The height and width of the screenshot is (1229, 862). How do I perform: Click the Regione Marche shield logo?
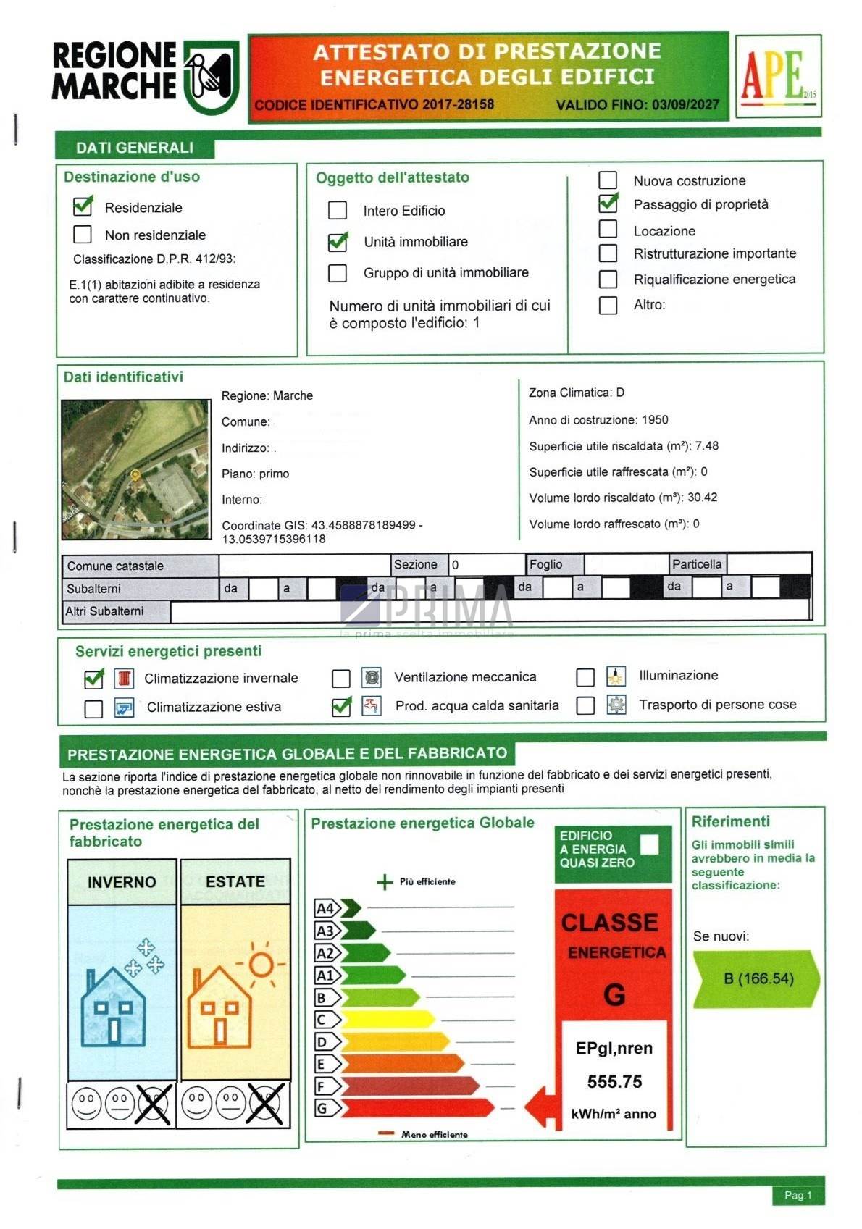click(x=211, y=77)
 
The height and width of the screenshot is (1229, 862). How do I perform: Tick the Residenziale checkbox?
click(x=83, y=206)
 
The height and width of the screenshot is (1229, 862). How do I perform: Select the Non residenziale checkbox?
click(x=83, y=235)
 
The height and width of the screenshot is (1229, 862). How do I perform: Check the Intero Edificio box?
click(x=338, y=210)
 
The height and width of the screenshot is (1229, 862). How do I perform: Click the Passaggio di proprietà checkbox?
click(x=608, y=204)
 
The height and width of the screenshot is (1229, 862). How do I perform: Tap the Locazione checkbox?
click(x=608, y=230)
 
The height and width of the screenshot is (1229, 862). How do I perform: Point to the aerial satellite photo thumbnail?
click(x=135, y=469)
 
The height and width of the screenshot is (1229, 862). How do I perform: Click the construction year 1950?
click(x=654, y=420)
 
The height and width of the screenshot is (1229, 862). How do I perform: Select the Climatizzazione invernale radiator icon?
click(x=125, y=679)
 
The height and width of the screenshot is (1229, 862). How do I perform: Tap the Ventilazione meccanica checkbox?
click(x=340, y=678)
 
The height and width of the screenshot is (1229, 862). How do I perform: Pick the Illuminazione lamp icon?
click(x=616, y=676)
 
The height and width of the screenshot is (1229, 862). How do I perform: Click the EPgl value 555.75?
click(x=614, y=1081)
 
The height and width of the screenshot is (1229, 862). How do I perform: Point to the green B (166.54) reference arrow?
click(x=757, y=979)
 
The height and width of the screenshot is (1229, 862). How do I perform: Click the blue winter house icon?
click(x=114, y=1007)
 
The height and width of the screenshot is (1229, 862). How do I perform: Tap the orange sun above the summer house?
click(x=261, y=964)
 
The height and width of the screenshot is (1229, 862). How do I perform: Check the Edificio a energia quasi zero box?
click(x=650, y=844)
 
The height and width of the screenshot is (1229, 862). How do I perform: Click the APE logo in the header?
click(x=777, y=75)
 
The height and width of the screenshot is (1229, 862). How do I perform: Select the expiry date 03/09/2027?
click(x=685, y=105)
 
